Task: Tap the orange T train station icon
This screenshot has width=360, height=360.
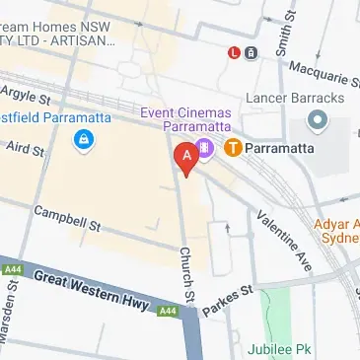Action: [233, 149]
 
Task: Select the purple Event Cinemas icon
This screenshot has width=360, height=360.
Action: [205, 150]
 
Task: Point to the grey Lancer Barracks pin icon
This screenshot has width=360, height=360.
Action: [318, 121]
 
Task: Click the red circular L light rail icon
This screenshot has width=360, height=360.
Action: [234, 52]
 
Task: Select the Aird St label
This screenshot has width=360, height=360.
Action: [26, 150]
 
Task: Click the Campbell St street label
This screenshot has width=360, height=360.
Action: [68, 218]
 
